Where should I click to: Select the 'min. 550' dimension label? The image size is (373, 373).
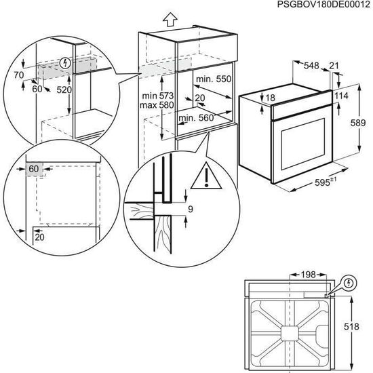pos(210,80)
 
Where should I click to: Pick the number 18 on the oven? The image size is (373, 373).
pos(271,99)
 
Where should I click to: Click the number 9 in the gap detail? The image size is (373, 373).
pos(191,210)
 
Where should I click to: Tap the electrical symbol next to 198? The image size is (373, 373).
pos(349,281)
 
